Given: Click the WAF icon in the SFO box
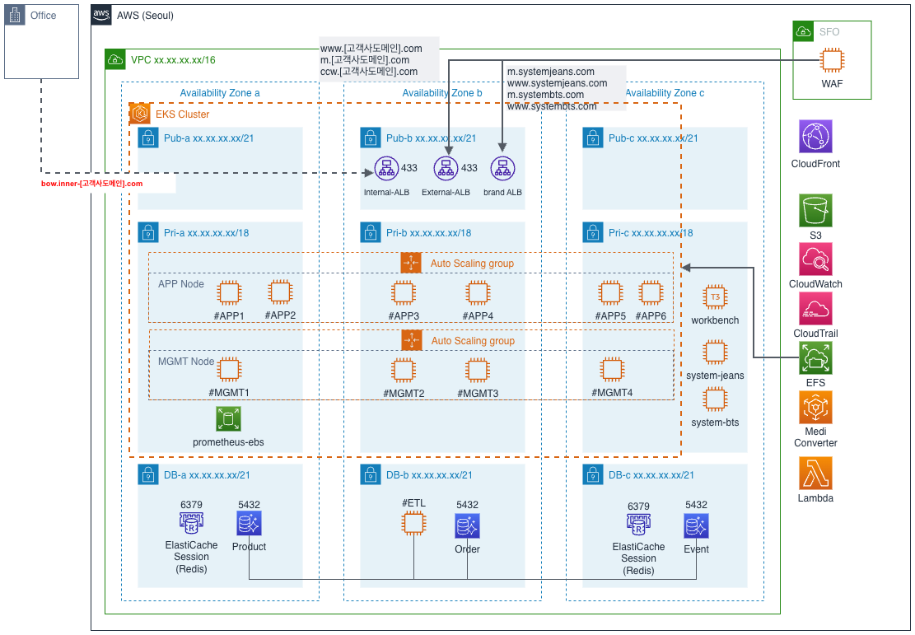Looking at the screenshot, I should point(833,60).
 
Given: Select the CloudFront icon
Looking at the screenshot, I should point(815,136).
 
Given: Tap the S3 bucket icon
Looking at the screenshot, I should point(815,210).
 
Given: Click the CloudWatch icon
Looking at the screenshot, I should point(815,259).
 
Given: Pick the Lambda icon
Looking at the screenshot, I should point(815,474).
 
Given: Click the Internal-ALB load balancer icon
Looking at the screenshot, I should point(384,169).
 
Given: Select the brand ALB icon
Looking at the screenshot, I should point(502,169).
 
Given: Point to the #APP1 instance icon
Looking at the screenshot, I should point(230,292).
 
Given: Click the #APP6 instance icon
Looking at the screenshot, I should point(651,292).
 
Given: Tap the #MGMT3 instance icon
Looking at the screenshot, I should point(478,370).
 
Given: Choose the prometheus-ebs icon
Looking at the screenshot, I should point(228,418).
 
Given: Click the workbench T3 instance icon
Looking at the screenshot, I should point(715,297).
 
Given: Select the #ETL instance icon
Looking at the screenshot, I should point(413,525).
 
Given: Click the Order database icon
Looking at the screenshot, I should point(467,525).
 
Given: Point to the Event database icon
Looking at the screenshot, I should point(696,525).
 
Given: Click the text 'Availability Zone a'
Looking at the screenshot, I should point(220,93).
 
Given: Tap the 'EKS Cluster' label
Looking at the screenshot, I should point(183,114).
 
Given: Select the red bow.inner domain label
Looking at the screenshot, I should point(92,184).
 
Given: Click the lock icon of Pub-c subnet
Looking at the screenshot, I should point(591,138).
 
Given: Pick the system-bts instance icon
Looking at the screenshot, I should point(715,399).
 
